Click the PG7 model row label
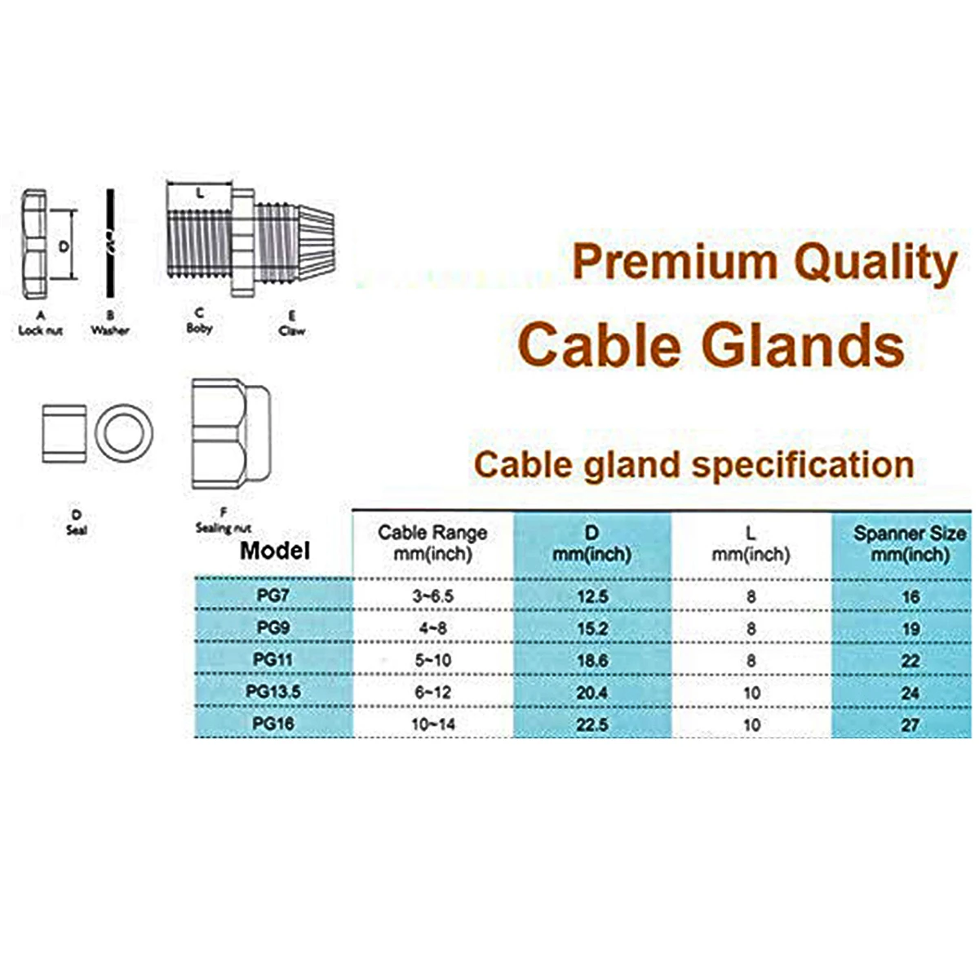click(x=273, y=595)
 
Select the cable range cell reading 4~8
click(x=432, y=628)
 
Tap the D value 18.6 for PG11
click(x=592, y=660)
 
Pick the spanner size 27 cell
click(x=910, y=724)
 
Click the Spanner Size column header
click(x=910, y=543)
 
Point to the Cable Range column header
click(x=432, y=543)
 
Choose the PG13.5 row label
click(x=273, y=692)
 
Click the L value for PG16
click(x=751, y=724)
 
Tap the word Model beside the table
click(x=275, y=551)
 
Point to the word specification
click(x=803, y=465)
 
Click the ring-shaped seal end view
click(x=124, y=432)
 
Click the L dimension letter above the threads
click(x=200, y=193)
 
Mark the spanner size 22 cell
click(x=910, y=660)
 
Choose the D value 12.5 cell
click(x=592, y=596)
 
